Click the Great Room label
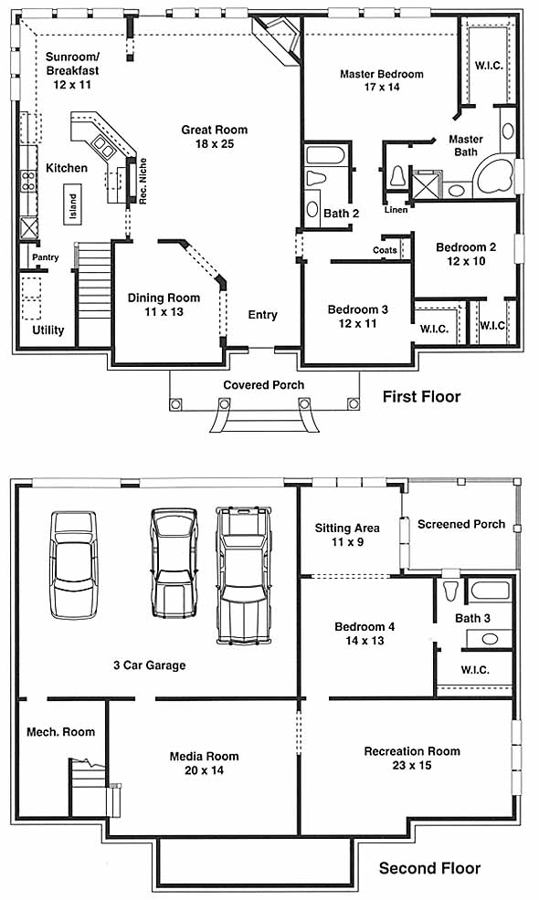pos(215,131)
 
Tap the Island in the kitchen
pos(72,204)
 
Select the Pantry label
pos(46,257)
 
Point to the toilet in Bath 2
pos(315,177)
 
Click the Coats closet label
pos(385,250)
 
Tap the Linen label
pos(396,210)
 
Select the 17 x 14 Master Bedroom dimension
pos(382,88)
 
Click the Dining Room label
pos(164,298)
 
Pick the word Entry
pos(262,315)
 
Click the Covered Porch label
pos(264,385)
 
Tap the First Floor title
pos(422,397)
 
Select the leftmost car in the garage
pos(73,565)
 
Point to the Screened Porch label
pos(461,524)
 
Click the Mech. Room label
pos(61,732)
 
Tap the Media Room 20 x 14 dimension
pos(204,770)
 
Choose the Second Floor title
pos(429,868)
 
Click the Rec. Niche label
pos(143,181)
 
